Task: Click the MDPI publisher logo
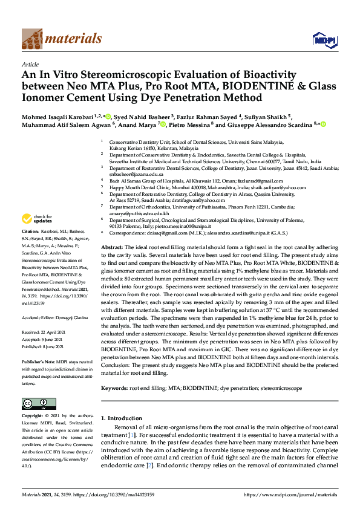pyautogui.click(x=324, y=40)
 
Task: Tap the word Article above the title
pyautogui.click(x=30, y=63)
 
